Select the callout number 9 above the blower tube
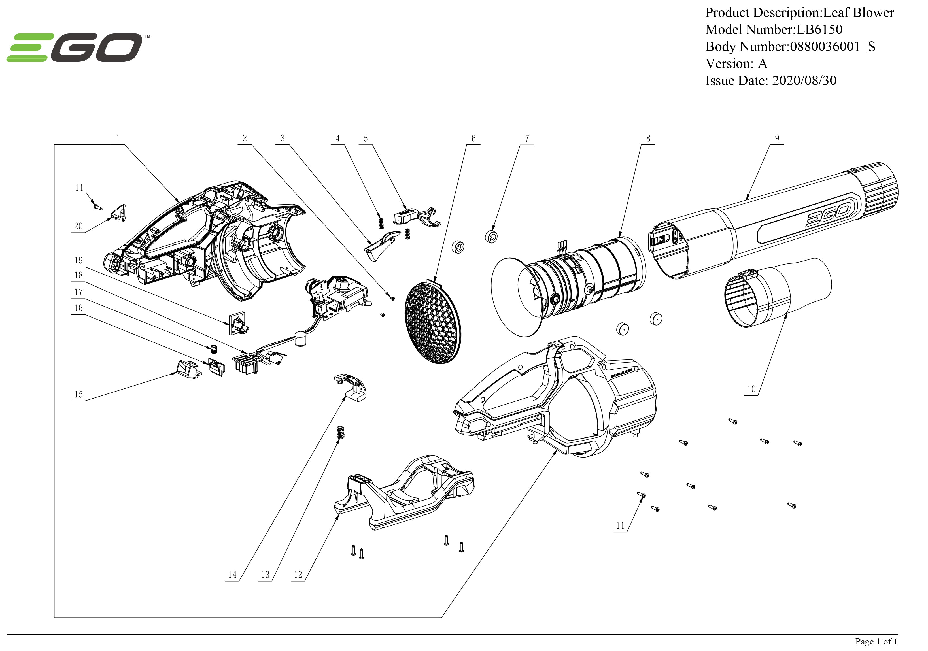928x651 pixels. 776,138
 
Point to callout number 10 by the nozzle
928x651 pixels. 751,389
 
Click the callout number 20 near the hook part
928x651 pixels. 78,226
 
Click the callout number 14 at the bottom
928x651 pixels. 232,575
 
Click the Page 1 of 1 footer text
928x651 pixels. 876,641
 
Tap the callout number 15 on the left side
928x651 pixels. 78,394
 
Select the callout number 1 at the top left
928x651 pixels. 118,138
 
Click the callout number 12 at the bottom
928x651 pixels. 298,575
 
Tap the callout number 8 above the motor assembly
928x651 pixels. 648,138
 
